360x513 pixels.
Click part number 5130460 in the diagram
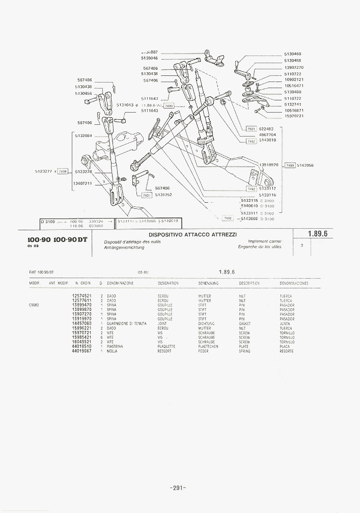point(293,54)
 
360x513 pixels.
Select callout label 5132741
point(293,104)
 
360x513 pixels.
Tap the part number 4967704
point(267,134)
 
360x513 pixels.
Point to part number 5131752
point(163,195)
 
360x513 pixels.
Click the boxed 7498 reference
point(62,172)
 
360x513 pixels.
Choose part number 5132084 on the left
point(83,136)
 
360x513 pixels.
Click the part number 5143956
point(305,166)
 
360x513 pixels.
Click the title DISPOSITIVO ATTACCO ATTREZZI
point(192,235)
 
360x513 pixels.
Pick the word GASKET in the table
point(244,323)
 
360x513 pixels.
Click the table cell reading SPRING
point(244,351)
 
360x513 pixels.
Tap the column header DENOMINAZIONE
point(121,283)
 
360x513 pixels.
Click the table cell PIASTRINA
point(116,346)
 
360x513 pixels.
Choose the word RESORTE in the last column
point(287,351)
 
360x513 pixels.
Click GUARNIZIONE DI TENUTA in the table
point(127,323)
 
